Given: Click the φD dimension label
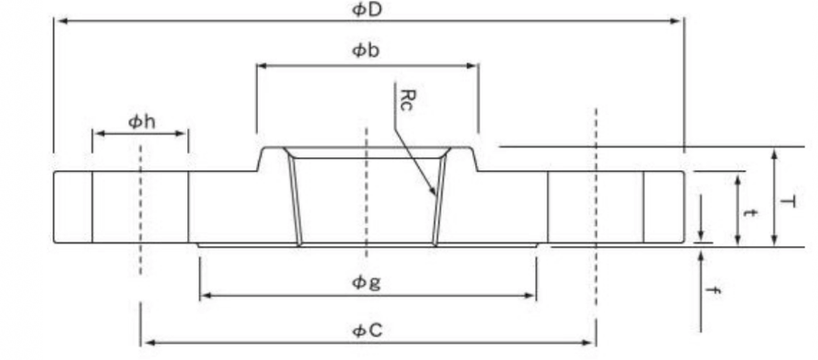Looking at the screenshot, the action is coord(366,10).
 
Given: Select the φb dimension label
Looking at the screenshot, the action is coord(366,51).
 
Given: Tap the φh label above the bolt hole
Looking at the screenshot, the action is coord(141,121).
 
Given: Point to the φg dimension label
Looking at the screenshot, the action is coord(366,283).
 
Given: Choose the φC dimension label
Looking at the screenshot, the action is coord(367,330).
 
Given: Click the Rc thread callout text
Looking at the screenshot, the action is coord(406,99).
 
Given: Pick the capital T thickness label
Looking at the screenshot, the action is coord(788,202).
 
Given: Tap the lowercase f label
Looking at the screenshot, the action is coord(716,290).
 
